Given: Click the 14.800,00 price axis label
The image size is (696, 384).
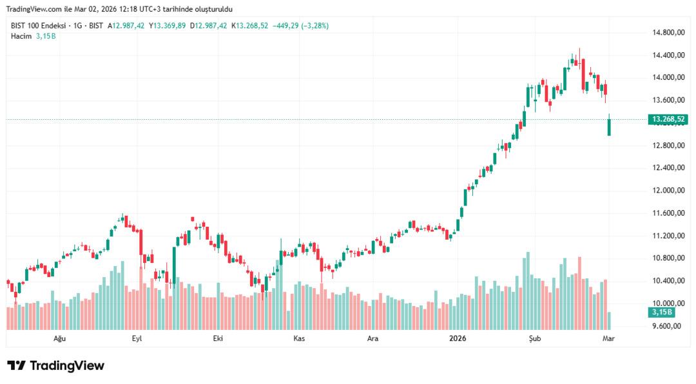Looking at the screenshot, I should (668, 32).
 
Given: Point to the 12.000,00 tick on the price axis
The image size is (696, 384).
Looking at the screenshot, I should (668, 191).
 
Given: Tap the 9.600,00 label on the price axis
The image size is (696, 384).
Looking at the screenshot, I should (668, 326).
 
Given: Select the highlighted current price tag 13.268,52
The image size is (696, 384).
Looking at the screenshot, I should (668, 119).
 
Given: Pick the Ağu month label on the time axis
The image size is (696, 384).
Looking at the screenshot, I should (59, 338).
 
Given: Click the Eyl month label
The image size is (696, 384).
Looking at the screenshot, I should (137, 338).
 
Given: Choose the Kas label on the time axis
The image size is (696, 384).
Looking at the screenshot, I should (299, 338).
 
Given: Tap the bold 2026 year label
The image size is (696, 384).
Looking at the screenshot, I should (458, 338).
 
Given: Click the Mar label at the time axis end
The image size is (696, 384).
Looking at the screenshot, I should (608, 338).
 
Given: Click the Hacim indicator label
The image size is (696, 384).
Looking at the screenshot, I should (21, 35).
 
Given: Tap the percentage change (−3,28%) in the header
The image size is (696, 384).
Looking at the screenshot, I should (314, 26).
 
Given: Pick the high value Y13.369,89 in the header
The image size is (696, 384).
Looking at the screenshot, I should (167, 26).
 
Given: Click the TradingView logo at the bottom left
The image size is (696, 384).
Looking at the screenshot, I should (55, 365).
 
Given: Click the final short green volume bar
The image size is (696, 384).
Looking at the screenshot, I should (609, 320).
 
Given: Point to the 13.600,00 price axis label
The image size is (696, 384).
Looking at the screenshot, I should (668, 100).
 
